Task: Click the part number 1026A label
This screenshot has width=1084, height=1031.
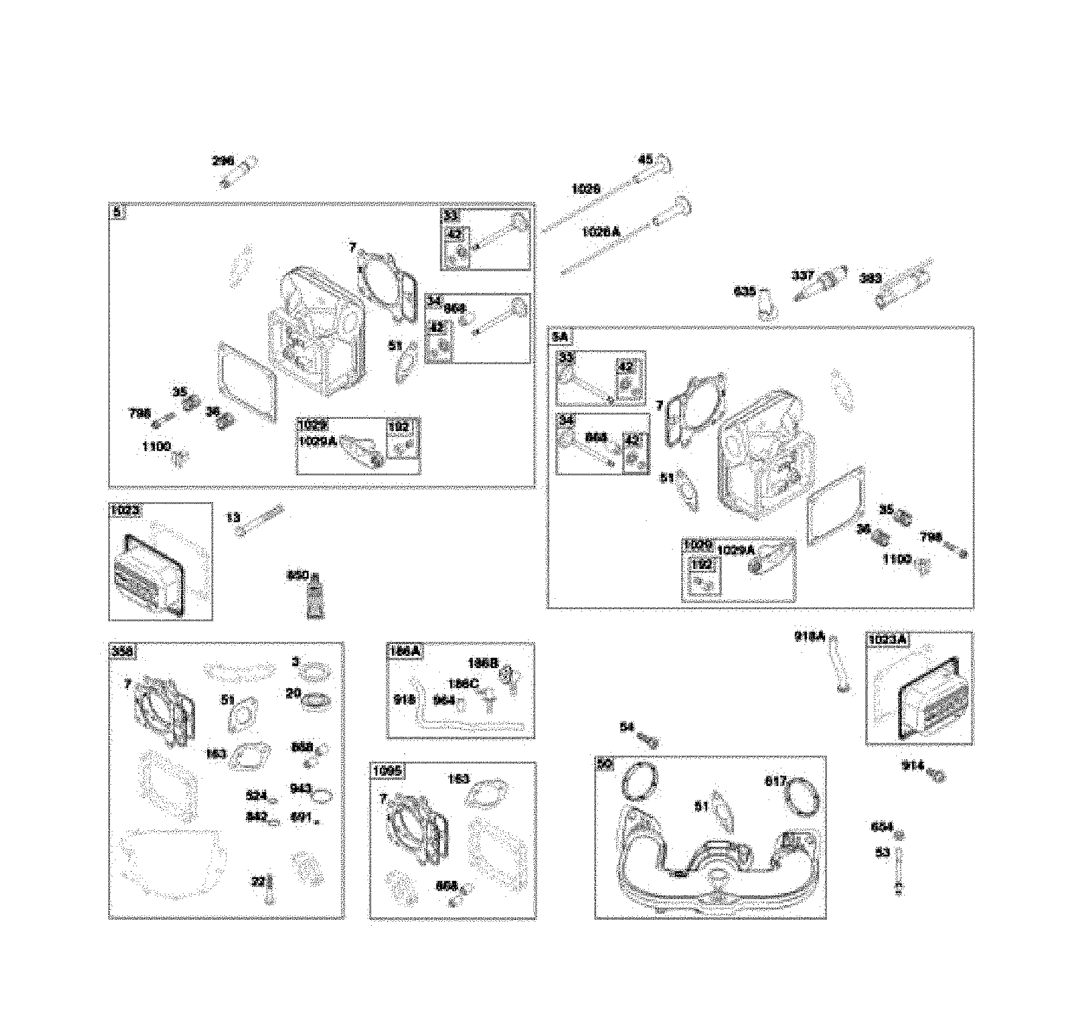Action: pos(600,232)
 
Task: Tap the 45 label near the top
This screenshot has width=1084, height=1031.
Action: pos(645,160)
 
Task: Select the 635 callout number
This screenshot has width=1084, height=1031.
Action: pos(745,291)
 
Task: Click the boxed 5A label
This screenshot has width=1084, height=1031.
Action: pos(559,337)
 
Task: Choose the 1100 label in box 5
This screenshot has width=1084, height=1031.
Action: pos(156,446)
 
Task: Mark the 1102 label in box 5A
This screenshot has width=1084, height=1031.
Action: pos(896,559)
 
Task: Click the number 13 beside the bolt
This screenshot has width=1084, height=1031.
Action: pos(233,517)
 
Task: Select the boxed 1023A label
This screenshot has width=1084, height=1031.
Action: pos(887,640)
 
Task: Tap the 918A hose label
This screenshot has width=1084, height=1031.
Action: pos(809,636)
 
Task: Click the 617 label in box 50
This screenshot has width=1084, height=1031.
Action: pos(775,781)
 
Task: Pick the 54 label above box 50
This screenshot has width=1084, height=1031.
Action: pos(626,727)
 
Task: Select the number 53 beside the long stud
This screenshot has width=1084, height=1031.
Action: pos(882,853)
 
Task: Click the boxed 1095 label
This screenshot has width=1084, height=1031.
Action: pos(387,771)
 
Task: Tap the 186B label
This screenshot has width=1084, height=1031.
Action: pos(483,663)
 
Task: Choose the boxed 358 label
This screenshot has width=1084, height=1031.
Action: pos(122,652)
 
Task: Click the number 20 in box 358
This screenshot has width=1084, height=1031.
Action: pos(293,692)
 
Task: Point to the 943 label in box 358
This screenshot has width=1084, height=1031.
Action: pos(300,788)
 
